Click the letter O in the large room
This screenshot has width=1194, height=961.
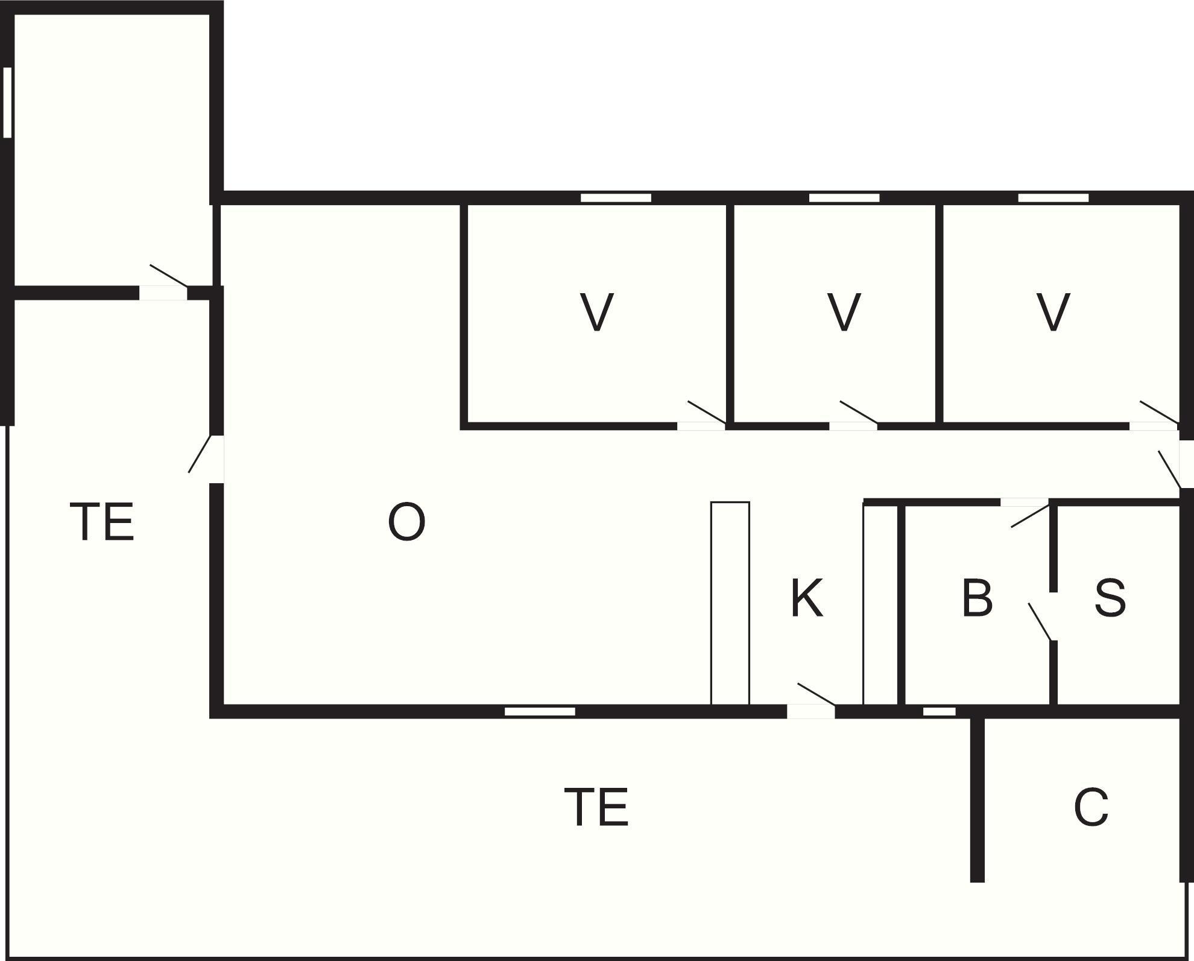tap(406, 522)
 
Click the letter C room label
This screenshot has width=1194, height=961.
tap(1091, 807)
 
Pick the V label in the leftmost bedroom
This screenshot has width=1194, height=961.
tap(596, 312)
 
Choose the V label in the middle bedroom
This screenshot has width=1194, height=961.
tap(844, 312)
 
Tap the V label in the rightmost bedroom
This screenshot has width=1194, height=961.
tap(1053, 312)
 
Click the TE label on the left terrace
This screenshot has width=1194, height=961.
tap(101, 522)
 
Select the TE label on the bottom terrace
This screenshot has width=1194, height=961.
tap(596, 807)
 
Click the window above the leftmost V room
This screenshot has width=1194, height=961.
tap(616, 198)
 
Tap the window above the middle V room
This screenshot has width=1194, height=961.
tap(844, 198)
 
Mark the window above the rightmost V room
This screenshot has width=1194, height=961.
tap(1053, 198)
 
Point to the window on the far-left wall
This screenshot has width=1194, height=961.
tap(7, 102)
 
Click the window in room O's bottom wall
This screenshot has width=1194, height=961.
tap(540, 712)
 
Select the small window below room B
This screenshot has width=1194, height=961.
tap(939, 712)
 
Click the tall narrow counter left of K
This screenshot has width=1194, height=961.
tap(730, 603)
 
